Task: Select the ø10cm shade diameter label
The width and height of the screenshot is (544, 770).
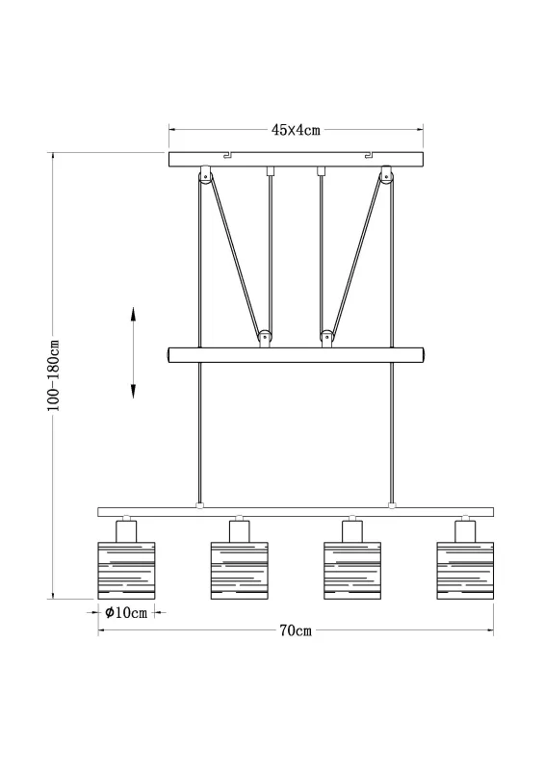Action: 125,613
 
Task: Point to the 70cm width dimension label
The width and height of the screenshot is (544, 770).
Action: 295,631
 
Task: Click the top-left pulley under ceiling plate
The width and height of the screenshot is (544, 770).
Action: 204,176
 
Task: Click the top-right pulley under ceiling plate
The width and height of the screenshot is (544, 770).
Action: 388,176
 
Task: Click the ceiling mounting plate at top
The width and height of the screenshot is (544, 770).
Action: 296,159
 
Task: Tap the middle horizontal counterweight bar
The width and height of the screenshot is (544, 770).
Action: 296,354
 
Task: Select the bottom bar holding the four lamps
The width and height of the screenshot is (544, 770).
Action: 296,511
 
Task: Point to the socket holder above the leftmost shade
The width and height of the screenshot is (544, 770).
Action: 126,529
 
